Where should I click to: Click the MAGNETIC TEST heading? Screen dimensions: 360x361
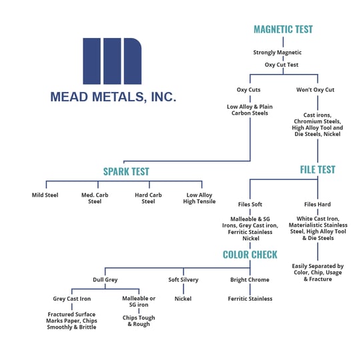(x=283, y=29)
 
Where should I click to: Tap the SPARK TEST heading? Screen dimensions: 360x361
(x=125, y=172)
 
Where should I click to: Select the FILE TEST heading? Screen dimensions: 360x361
(x=317, y=170)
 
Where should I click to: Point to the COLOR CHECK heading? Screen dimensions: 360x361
(x=250, y=255)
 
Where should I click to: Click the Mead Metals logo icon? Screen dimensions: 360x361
(x=112, y=61)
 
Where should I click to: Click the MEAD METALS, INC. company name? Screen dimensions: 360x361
(x=113, y=97)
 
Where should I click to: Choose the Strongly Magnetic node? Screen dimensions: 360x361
(x=277, y=53)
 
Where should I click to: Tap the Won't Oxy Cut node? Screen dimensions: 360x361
(x=315, y=90)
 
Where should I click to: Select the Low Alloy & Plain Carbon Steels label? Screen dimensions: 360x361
(x=250, y=110)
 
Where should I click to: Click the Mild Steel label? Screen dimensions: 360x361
(x=45, y=195)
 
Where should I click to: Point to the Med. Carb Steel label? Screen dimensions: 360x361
(x=95, y=198)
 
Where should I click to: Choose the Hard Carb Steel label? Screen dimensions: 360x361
(x=148, y=198)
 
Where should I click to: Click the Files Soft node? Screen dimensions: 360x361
(x=251, y=205)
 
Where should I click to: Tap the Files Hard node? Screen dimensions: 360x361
(x=317, y=205)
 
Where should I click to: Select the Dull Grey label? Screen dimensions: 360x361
(x=105, y=279)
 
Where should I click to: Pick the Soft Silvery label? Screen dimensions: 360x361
(x=183, y=279)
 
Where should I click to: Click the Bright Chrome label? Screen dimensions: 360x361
(x=250, y=279)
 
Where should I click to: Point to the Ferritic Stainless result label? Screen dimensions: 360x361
(x=250, y=299)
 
